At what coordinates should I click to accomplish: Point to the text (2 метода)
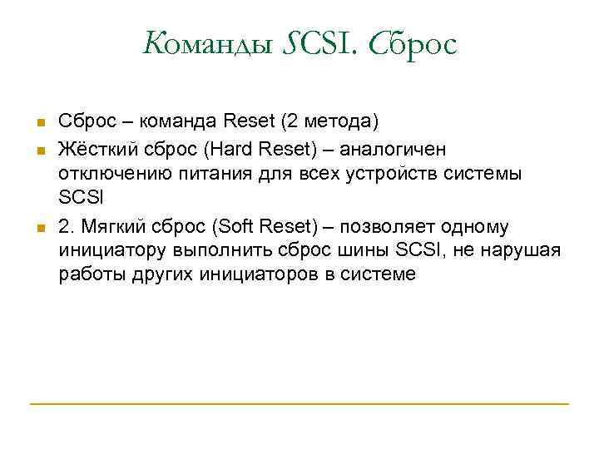click(x=330, y=122)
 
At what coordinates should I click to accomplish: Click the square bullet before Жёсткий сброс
click(x=38, y=150)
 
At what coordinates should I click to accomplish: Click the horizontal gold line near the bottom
click(x=299, y=404)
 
